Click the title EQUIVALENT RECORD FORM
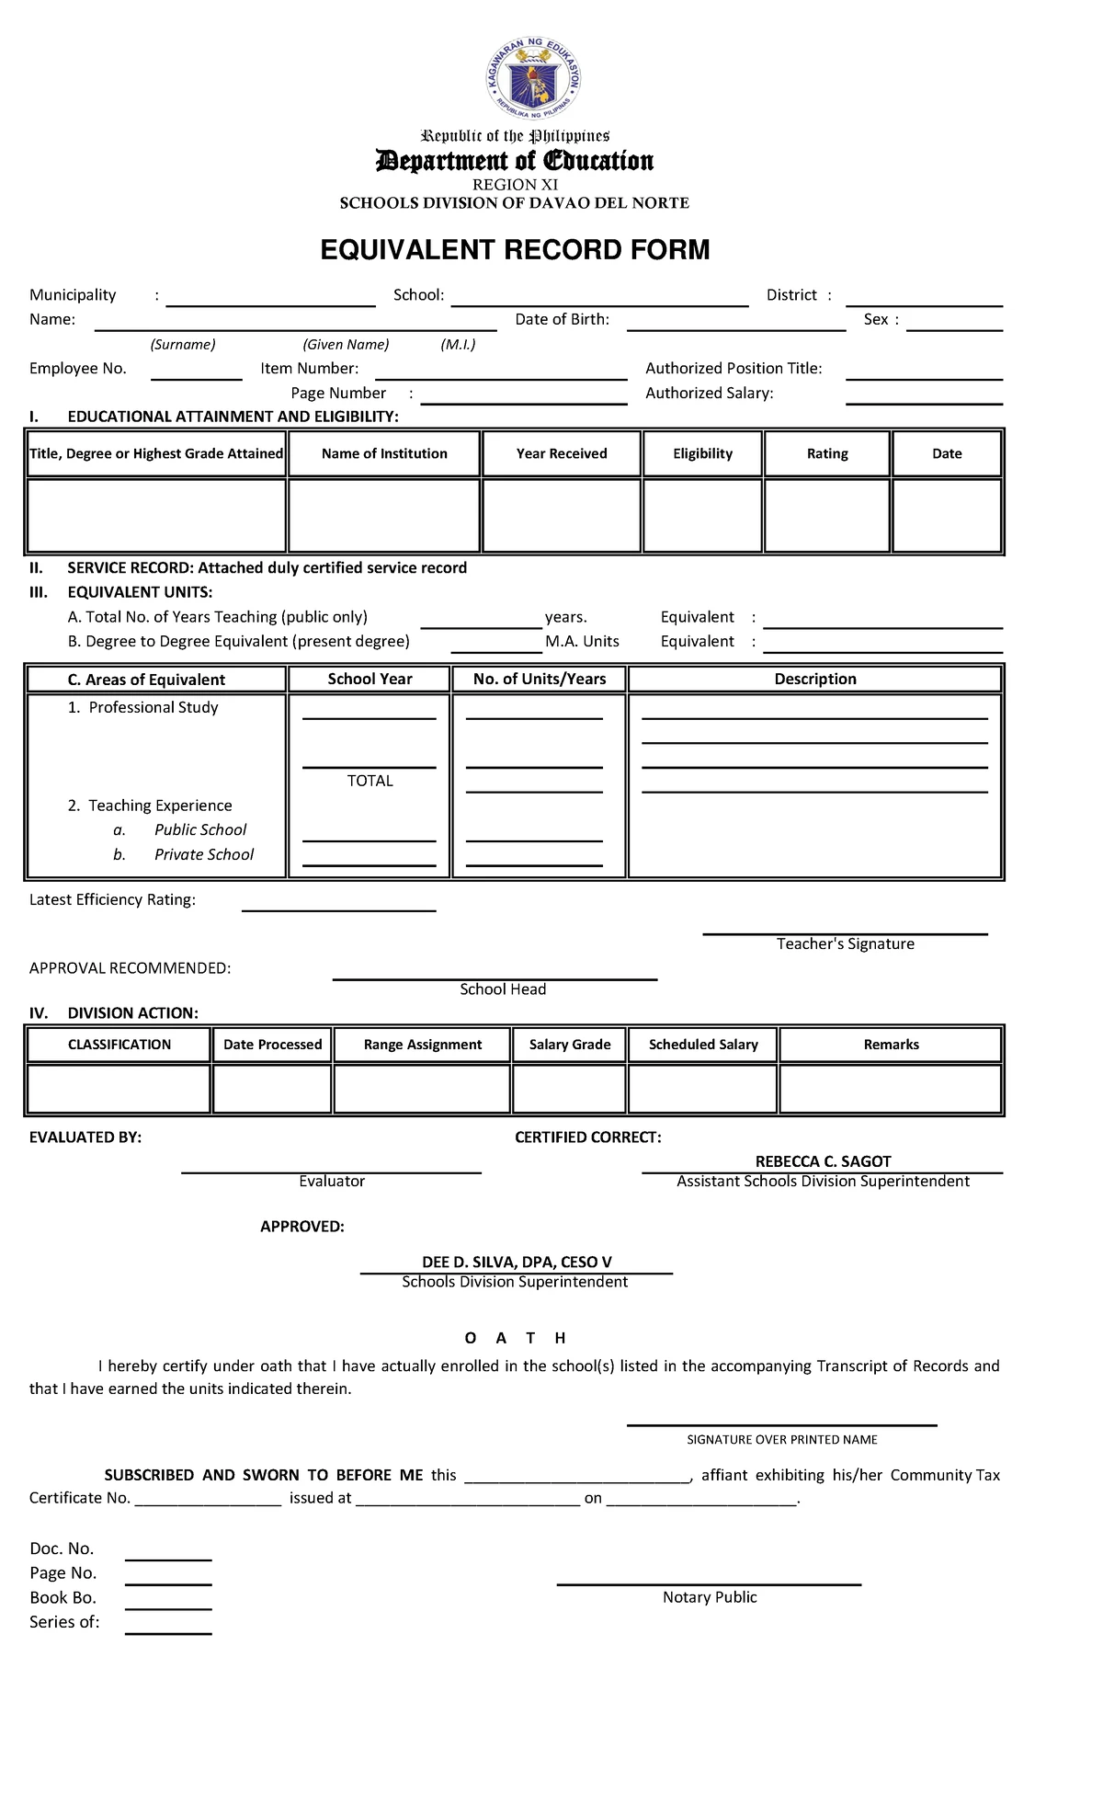pos(515,250)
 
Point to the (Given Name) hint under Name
pos(346,345)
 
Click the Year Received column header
pos(562,453)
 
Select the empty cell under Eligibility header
pos(702,515)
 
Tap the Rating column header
pos(827,453)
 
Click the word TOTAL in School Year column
pos(370,781)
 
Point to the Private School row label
pos(203,854)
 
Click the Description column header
pos(815,679)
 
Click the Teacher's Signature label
pos(845,943)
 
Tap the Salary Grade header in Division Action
pos(570,1045)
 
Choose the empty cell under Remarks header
pos(891,1089)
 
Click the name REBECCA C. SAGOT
pos(823,1161)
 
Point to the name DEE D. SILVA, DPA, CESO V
pos(517,1263)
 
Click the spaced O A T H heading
pos(515,1338)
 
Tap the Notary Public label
pos(710,1597)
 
